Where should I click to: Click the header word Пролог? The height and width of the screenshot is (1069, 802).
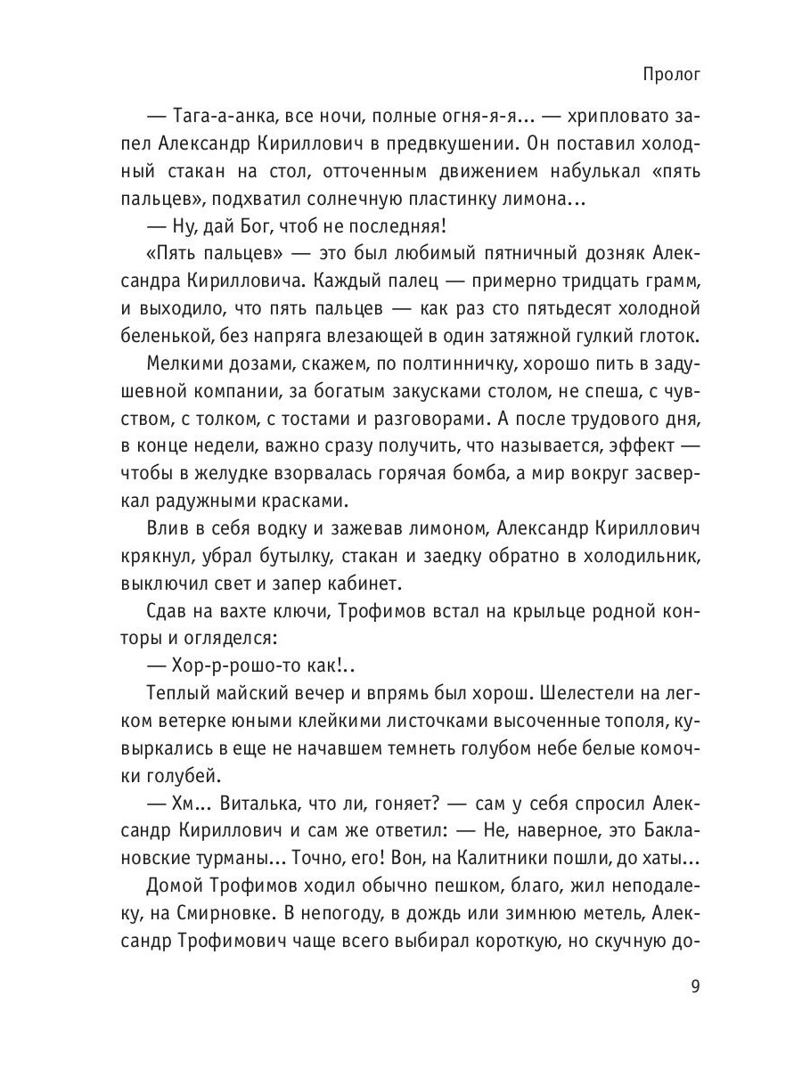click(671, 75)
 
